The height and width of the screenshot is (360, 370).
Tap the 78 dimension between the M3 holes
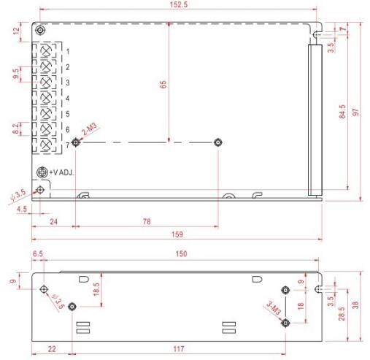click(x=147, y=221)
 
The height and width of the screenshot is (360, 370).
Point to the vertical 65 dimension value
click(x=163, y=85)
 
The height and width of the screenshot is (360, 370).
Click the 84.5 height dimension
click(x=342, y=112)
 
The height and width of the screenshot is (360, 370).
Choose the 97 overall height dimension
click(x=355, y=112)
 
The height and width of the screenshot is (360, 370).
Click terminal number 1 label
click(x=67, y=52)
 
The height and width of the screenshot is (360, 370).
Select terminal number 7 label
click(x=67, y=145)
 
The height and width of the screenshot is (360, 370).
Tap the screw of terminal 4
click(x=48, y=98)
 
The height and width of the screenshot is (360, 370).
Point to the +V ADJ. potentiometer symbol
click(x=42, y=173)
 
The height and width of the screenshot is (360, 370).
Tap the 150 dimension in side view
click(x=181, y=253)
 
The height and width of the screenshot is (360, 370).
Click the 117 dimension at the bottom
click(x=180, y=350)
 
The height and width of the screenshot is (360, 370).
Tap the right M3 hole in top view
click(x=217, y=142)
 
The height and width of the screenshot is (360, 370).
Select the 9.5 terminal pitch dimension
click(x=16, y=74)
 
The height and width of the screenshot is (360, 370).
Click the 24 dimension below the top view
click(x=53, y=221)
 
